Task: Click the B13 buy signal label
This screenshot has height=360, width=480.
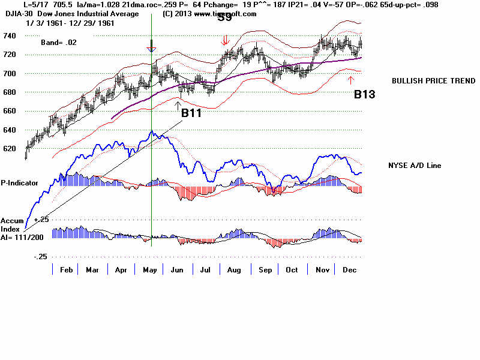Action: [x=365, y=94]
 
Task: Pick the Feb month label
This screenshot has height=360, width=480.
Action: [x=66, y=270]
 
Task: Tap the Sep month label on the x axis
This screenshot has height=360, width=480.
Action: [x=264, y=270]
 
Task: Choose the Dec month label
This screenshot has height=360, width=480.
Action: [x=349, y=270]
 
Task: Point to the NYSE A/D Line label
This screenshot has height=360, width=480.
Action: [x=416, y=165]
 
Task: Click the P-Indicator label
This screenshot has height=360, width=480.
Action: [x=20, y=182]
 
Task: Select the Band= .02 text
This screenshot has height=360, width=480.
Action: [x=59, y=43]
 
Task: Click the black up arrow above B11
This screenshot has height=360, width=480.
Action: [x=178, y=105]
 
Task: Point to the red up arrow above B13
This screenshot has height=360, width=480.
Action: [x=351, y=80]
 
